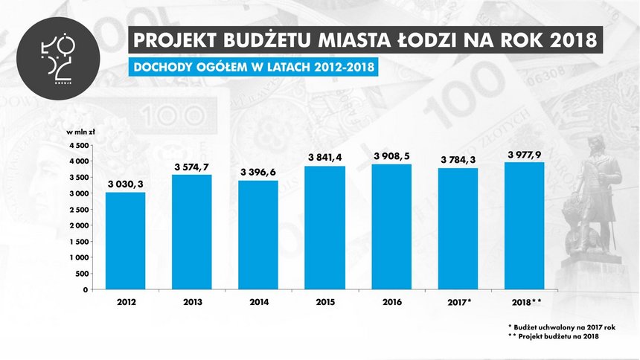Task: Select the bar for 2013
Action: [192, 232]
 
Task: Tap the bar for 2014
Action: [257, 235]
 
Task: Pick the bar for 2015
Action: [324, 228]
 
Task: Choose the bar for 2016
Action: [390, 227]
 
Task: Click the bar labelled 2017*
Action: [456, 228]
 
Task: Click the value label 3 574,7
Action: [192, 166]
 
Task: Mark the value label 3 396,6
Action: [257, 173]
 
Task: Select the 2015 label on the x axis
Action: [324, 302]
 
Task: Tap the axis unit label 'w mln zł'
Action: [80, 132]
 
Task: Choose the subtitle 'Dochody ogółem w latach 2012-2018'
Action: [253, 67]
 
